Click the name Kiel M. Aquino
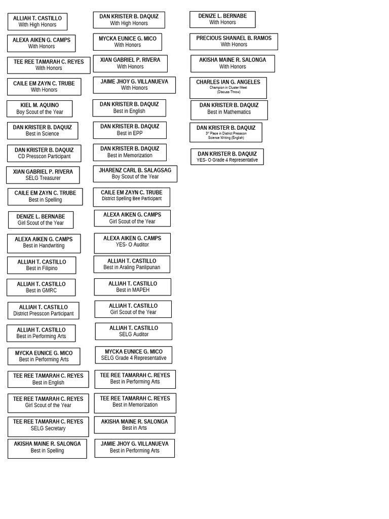tap(40, 105)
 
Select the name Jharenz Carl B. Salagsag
tap(135, 170)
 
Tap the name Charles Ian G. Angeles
tap(228, 82)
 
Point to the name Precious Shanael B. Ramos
tap(234, 38)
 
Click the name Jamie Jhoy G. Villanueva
tap(134, 444)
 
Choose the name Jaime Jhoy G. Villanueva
tap(134, 82)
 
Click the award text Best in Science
tap(43, 134)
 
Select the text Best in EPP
tap(130, 133)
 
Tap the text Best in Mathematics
tap(229, 112)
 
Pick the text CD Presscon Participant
tap(44, 157)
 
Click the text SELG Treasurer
tap(43, 178)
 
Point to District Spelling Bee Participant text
tap(132, 199)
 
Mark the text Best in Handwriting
tap(44, 246)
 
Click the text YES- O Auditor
tap(132, 245)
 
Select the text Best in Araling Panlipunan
tap(132, 268)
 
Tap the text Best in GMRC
tap(42, 290)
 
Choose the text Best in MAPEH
tap(133, 290)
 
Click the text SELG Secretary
tap(48, 428)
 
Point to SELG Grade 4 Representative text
tap(134, 358)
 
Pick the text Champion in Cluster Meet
tap(228, 88)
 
